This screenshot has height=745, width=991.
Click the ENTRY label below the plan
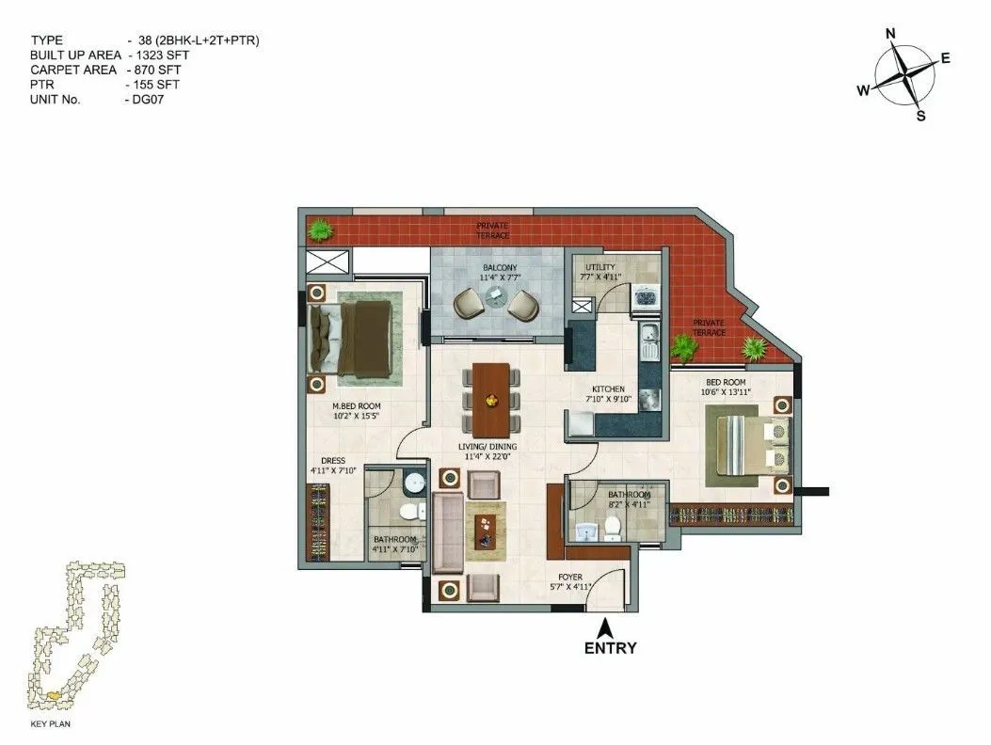(610, 648)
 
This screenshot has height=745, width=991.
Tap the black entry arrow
(609, 626)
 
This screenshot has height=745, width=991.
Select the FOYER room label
(570, 577)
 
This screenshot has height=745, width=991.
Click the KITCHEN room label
(608, 388)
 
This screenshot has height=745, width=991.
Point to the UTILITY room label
(599, 267)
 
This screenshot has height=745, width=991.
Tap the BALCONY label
(500, 268)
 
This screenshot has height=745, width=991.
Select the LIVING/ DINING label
(486, 448)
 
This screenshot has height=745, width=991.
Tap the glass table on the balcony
(496, 300)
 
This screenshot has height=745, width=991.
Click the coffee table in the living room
(485, 531)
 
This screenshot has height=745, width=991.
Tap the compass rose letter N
(890, 34)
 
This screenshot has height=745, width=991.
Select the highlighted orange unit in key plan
(57, 695)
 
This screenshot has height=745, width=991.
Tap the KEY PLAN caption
(52, 724)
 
